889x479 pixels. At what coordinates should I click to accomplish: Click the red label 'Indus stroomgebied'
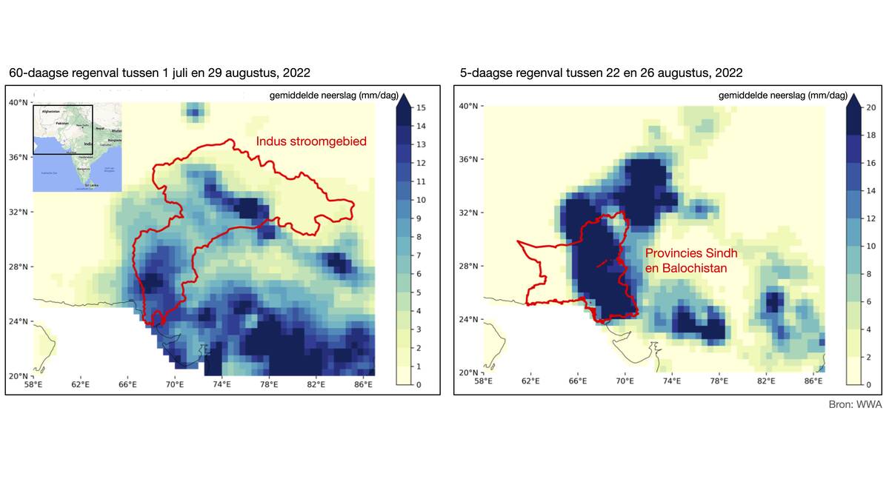click(x=311, y=141)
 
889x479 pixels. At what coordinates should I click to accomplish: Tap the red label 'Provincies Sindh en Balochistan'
click(x=691, y=260)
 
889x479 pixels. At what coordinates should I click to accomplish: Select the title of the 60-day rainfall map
click(x=159, y=73)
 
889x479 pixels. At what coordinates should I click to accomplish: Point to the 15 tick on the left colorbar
click(x=420, y=108)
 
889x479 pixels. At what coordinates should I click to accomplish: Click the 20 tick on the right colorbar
click(x=871, y=107)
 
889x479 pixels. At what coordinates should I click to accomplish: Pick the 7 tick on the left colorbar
click(x=420, y=255)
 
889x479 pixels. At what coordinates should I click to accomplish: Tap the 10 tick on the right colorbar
click(x=871, y=246)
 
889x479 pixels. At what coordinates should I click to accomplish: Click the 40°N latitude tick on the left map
click(x=18, y=102)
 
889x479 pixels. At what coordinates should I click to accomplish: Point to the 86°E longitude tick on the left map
click(x=363, y=385)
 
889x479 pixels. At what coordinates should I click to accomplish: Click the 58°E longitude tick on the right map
click(x=483, y=381)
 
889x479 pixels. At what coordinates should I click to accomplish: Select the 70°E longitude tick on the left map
click(x=175, y=385)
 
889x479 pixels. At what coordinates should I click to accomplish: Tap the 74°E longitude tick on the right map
click(x=672, y=381)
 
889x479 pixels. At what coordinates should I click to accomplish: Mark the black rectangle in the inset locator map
click(x=62, y=130)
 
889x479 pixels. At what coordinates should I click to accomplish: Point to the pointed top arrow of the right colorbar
click(x=852, y=100)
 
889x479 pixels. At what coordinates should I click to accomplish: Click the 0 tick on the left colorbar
click(x=419, y=385)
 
